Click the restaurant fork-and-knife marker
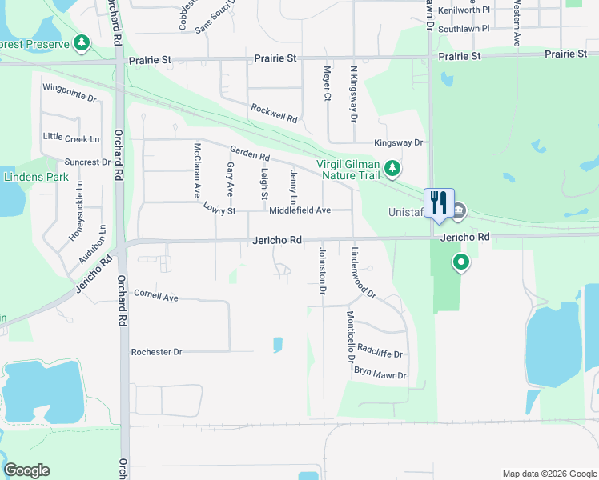click(439, 202)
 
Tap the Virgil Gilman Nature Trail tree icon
click(392, 168)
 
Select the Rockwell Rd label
click(274, 114)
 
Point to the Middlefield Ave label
click(299, 210)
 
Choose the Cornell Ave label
click(155, 296)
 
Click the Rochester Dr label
click(157, 352)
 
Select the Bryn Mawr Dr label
click(380, 374)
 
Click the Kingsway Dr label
click(398, 142)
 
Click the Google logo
click(26, 470)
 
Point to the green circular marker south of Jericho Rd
click(460, 262)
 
